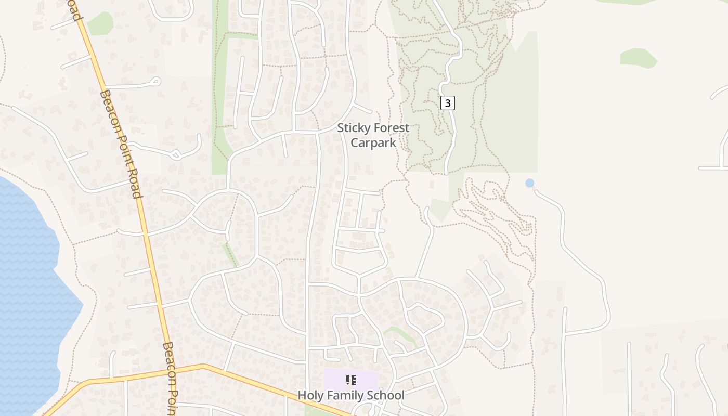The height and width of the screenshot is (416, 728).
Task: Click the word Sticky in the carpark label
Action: click(354, 128)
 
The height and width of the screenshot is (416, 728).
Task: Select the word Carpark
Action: click(373, 142)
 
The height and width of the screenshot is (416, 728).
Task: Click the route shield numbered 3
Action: click(447, 103)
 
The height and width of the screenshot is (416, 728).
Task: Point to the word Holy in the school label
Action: click(310, 396)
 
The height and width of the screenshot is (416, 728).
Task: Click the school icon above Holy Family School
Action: click(351, 380)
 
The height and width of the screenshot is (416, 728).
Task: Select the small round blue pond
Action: click(529, 183)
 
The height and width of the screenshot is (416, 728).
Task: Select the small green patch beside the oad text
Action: click(100, 24)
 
